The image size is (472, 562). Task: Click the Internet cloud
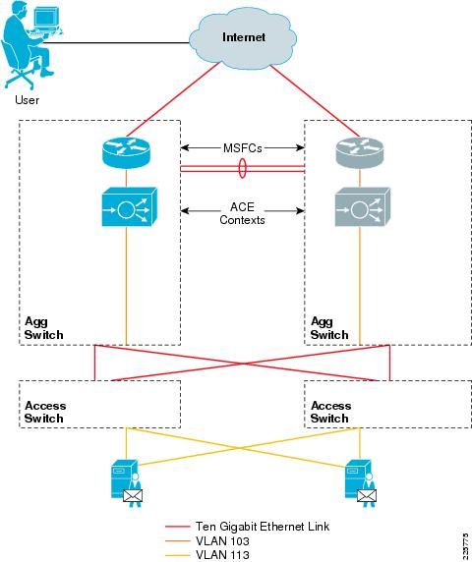click(243, 38)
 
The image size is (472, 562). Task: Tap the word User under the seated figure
click(27, 99)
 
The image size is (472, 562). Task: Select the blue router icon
click(126, 152)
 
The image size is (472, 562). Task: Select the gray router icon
click(359, 152)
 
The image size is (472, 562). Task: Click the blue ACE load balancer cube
click(130, 206)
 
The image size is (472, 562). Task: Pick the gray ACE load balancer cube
click(363, 206)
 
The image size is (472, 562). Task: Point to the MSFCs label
click(243, 148)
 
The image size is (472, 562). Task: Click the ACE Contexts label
click(243, 213)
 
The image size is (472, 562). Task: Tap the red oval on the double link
click(243, 168)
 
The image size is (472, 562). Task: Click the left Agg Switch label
click(43, 328)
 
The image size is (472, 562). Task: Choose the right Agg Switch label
click(329, 328)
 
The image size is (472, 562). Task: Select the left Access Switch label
click(45, 412)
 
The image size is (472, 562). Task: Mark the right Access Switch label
click(331, 412)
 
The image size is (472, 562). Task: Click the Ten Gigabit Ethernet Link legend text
click(263, 527)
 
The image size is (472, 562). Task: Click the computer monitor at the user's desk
click(45, 18)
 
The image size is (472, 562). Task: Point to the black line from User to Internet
click(116, 43)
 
